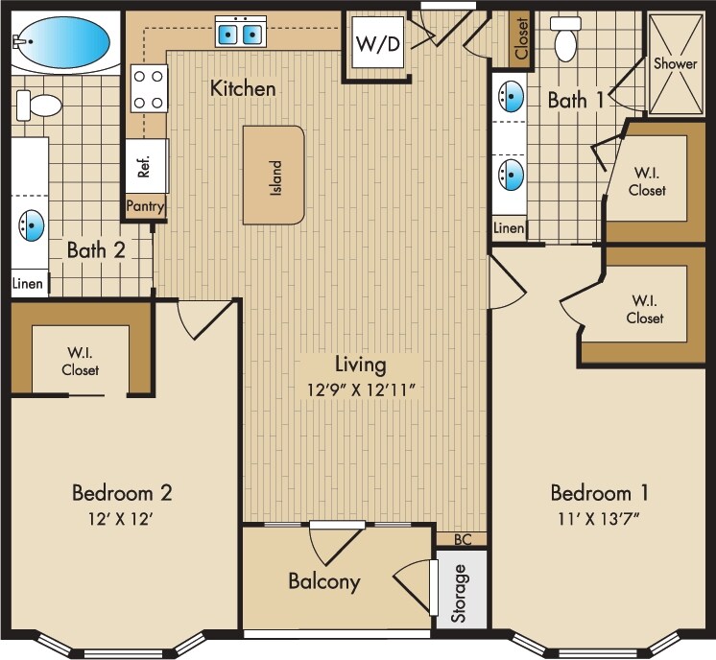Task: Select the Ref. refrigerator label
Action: (145, 167)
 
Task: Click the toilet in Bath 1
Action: (566, 38)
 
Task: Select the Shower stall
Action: (676, 63)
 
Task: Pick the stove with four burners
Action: (149, 88)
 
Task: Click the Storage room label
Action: (460, 594)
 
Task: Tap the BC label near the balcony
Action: (461, 539)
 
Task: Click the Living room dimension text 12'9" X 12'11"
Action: (361, 389)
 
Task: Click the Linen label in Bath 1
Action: (510, 228)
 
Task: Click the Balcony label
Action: (324, 581)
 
